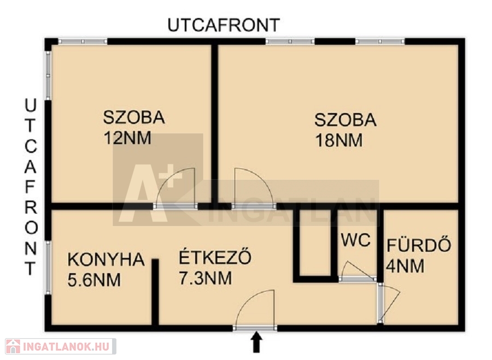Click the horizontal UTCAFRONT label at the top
tap(224, 25)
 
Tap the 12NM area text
tap(128, 138)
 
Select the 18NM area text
tap(339, 140)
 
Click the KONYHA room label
tap(106, 259)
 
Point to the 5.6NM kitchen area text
tap(94, 280)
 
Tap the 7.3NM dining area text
tap(206, 278)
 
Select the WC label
tap(356, 240)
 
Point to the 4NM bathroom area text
tap(405, 266)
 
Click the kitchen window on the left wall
tap(48, 268)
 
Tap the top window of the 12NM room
tap(83, 42)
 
